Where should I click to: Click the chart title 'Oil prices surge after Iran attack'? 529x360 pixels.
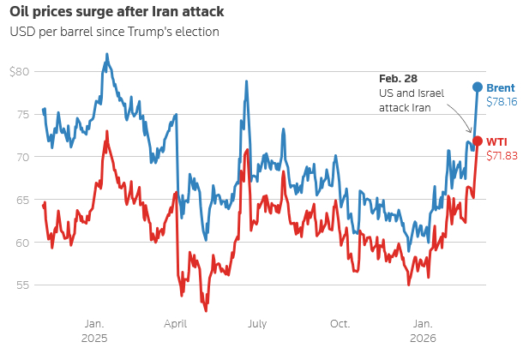click(x=116, y=12)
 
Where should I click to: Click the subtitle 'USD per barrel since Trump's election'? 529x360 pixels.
click(x=114, y=32)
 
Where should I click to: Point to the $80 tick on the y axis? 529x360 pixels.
click(x=19, y=71)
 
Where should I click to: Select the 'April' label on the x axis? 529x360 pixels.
click(x=175, y=324)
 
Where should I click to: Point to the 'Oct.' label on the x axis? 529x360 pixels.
click(x=340, y=324)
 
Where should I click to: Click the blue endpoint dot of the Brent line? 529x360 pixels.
click(x=478, y=87)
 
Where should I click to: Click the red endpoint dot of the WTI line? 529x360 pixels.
click(x=478, y=141)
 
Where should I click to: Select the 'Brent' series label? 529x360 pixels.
click(x=501, y=87)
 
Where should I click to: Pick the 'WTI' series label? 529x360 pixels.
click(x=497, y=141)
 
